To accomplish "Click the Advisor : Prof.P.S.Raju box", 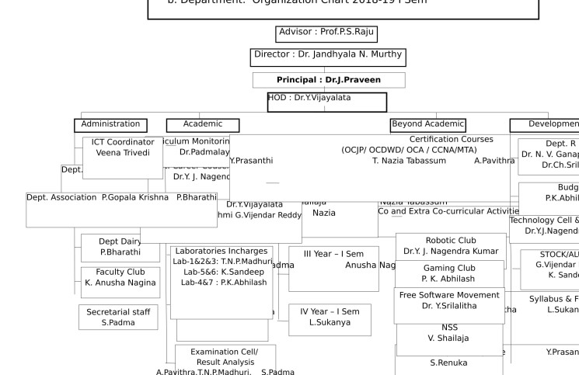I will pyautogui.click(x=327, y=33).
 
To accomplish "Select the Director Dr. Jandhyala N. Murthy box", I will pyautogui.click(x=328, y=56).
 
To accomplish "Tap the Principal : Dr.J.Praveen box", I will pyautogui.click(x=328, y=80).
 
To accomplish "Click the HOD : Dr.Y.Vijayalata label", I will pyautogui.click(x=309, y=98).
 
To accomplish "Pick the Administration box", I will pyautogui.click(x=110, y=124).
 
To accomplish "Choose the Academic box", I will pyautogui.click(x=203, y=124).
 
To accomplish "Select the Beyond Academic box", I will pyautogui.click(x=427, y=124).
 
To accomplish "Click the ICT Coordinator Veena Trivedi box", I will pyautogui.click(x=123, y=148).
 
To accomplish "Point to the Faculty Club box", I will pyautogui.click(x=120, y=278).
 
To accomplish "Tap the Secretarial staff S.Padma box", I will pyautogui.click(x=118, y=317).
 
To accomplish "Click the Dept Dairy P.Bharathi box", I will pyautogui.click(x=120, y=247).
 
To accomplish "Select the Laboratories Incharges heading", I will pyautogui.click(x=221, y=252).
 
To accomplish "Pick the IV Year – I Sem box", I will pyautogui.click(x=330, y=318).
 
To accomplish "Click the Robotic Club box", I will pyautogui.click(x=451, y=245).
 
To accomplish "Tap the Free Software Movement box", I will pyautogui.click(x=449, y=300).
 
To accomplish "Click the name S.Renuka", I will pyautogui.click(x=449, y=363).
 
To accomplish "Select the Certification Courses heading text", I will pyautogui.click(x=452, y=140).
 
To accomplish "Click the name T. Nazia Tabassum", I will pyautogui.click(x=409, y=161).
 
